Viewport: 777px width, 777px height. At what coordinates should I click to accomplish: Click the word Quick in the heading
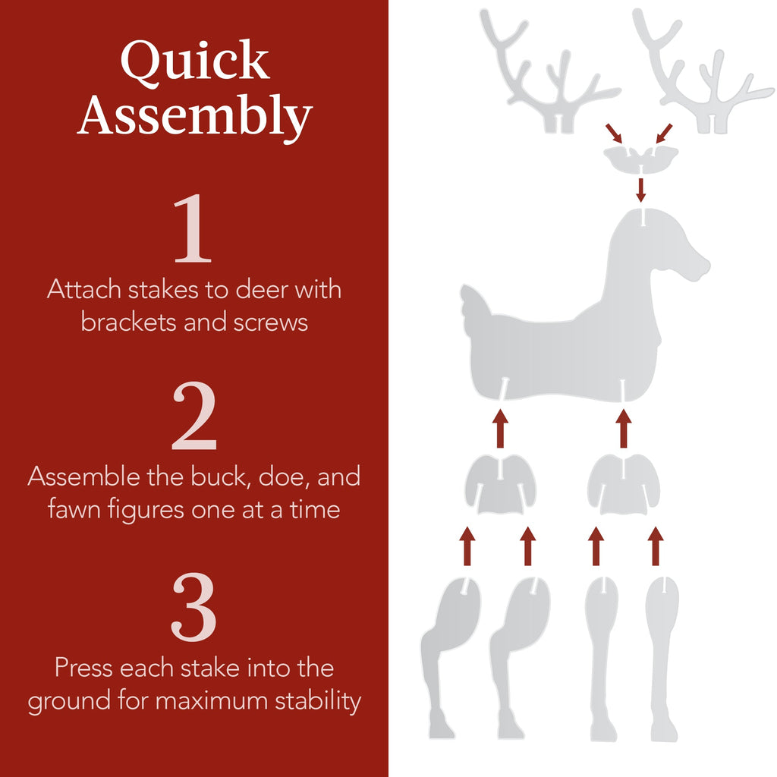[194, 62]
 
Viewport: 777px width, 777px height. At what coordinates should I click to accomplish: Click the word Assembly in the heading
[194, 116]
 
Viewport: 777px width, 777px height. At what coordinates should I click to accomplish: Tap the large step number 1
[193, 229]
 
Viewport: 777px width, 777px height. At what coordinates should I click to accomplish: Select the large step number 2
[194, 417]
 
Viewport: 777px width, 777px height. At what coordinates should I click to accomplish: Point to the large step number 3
[194, 608]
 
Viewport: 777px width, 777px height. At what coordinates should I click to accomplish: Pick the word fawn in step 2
[74, 509]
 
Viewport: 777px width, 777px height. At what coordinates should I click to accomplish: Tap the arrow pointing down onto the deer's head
[641, 190]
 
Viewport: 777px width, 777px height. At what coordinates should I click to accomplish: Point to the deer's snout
[694, 266]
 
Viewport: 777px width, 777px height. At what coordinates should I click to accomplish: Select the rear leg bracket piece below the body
[501, 484]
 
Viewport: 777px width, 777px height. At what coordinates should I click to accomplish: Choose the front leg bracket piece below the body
[624, 484]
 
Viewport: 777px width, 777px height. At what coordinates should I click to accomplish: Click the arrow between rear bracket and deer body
[500, 428]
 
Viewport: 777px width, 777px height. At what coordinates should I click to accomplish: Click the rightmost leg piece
[662, 653]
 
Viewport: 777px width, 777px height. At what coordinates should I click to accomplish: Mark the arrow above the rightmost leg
[656, 546]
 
